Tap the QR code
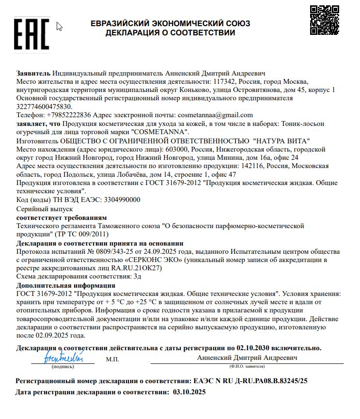pos(324,20)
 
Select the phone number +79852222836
pos(69,115)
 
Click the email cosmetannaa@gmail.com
pos(216,115)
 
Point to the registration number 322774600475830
pos(44,107)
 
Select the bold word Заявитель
pos(33,74)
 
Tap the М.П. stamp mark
pos(112,359)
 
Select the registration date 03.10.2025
pos(189,392)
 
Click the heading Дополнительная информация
pos(65,285)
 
